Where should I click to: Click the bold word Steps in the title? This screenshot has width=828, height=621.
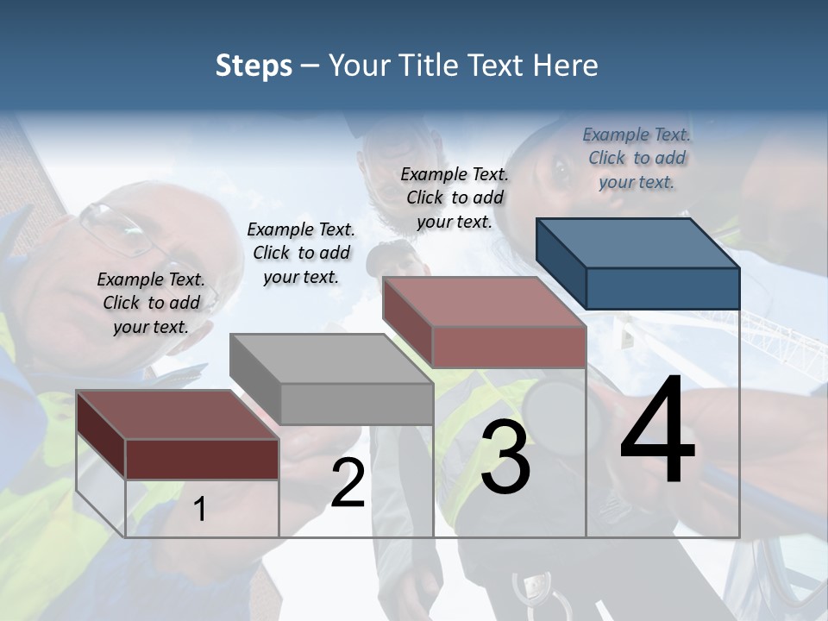253,66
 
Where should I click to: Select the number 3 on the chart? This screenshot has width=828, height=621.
505,458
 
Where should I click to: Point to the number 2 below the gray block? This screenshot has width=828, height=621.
348,484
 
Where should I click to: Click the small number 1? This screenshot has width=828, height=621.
200,510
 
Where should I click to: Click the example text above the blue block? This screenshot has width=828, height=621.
637,158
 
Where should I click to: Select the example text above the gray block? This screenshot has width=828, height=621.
301,253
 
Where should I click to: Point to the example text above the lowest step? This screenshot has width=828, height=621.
151,303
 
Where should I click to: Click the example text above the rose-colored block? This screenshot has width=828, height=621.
455,198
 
